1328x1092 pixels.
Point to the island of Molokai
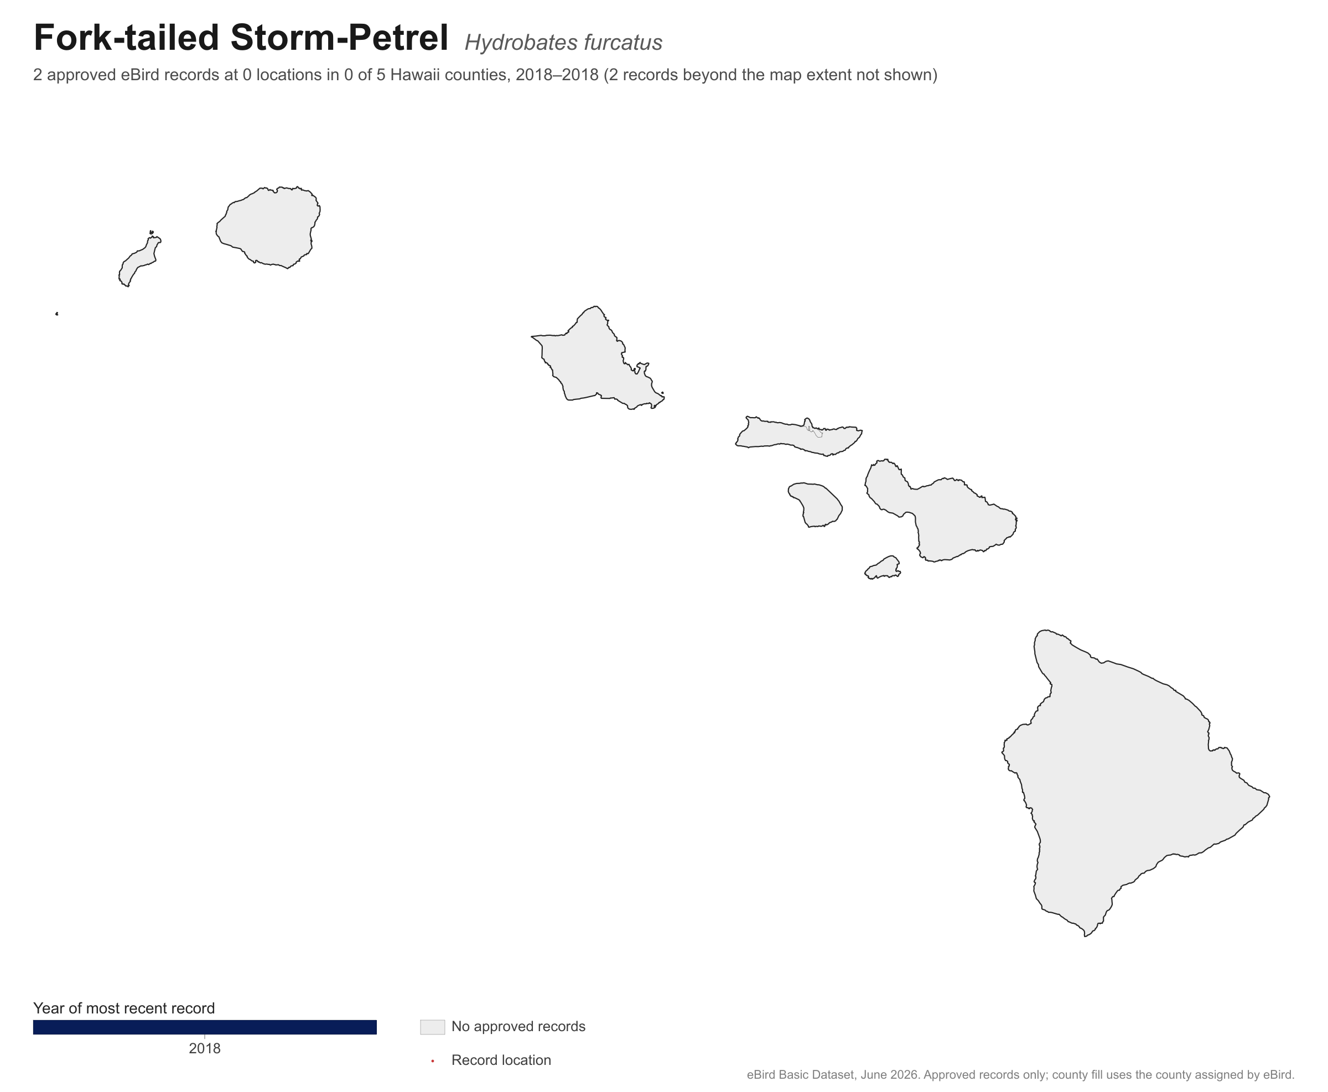click(796, 436)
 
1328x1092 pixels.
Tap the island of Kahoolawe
click(883, 568)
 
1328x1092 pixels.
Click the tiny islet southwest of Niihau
click(57, 314)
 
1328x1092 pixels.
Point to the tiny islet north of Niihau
click(152, 232)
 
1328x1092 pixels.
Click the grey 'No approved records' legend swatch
click(433, 1027)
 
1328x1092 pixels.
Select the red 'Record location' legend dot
click(433, 1061)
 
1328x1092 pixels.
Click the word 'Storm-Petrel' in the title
click(339, 38)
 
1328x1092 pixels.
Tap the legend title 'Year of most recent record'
click(124, 1008)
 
